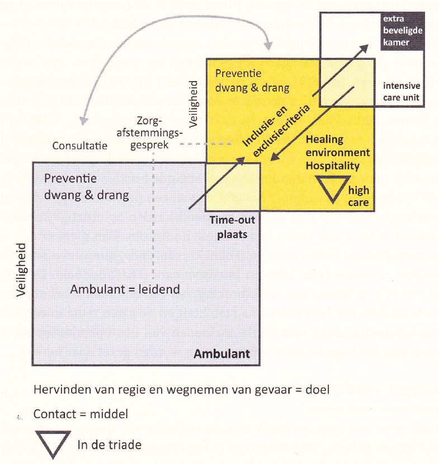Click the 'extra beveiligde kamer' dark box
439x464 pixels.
(402, 31)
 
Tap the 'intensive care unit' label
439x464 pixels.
(402, 92)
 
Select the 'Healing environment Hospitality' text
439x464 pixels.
(338, 153)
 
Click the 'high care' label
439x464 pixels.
(358, 196)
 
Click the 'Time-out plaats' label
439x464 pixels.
(233, 228)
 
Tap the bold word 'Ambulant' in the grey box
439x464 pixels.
(221, 354)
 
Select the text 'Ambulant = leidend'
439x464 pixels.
(125, 289)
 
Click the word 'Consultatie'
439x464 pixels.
(80, 145)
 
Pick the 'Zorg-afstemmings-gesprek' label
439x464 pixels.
(149, 133)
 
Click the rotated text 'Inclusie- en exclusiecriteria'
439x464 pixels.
(276, 130)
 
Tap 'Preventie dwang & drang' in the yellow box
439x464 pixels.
(252, 81)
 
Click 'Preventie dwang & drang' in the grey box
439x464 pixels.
(87, 187)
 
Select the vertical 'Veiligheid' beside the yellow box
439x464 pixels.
(193, 104)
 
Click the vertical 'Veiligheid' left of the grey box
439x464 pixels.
(21, 270)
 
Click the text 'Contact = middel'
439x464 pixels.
(81, 414)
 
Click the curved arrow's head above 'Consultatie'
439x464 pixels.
(84, 120)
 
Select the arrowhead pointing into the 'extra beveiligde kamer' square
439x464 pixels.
(364, 48)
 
